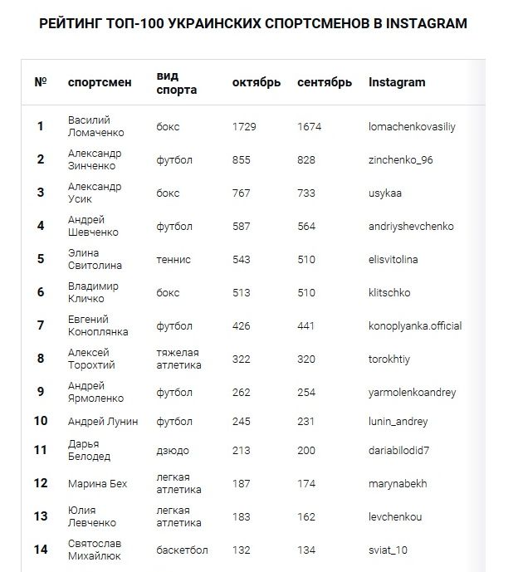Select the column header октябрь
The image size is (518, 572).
[257, 82]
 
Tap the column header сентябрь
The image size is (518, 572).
[325, 82]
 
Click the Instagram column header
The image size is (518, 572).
[397, 82]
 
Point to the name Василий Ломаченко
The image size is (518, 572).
[95, 127]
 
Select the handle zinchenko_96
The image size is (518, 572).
[401, 160]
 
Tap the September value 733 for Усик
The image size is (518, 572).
[306, 193]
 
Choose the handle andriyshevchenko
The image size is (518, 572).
[411, 226]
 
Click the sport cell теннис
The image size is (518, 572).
[173, 259]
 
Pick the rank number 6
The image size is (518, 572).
[41, 292]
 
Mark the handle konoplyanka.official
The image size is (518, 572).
[415, 325]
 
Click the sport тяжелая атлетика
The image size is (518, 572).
[178, 359]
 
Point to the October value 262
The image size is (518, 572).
[242, 392]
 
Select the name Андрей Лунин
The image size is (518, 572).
[103, 421]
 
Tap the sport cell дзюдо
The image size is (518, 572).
[173, 450]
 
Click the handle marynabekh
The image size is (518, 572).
[397, 483]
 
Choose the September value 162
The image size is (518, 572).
[306, 516]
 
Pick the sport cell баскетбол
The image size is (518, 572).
[183, 550]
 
